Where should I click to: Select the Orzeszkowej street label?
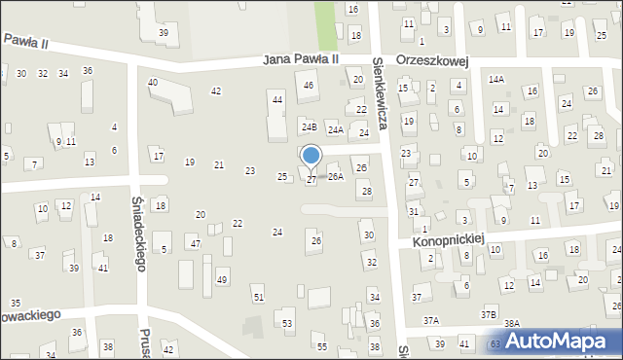pos(433,60)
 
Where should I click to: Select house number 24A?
pos(335,129)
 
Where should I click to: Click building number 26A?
pos(335,177)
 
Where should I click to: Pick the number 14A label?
pos(496,79)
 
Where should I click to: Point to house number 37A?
pos(430,320)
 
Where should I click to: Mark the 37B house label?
pos(488,314)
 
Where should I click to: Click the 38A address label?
pos(512,324)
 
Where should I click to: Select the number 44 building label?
pos(277,100)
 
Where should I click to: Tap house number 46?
pos(310,86)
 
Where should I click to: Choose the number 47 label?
pos(195,243)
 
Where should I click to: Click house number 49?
pos(222,280)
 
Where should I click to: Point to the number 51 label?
pos(258,297)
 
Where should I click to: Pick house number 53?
pos(287,323)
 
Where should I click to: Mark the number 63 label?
pos(495,343)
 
